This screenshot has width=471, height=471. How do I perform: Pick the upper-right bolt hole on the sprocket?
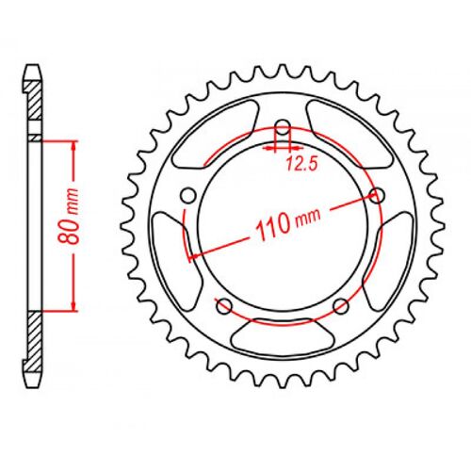point(379,195)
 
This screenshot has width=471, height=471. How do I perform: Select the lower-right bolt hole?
point(342,303)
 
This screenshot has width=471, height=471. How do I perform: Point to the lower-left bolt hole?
point(223,304)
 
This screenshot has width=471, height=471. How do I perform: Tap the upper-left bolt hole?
point(187,195)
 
